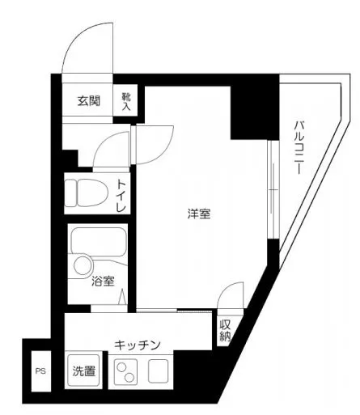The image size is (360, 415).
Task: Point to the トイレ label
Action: [121, 195]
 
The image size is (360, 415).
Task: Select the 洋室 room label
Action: [200, 214]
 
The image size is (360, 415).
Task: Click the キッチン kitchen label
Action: [136, 344]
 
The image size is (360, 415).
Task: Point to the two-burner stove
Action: [125, 373]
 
